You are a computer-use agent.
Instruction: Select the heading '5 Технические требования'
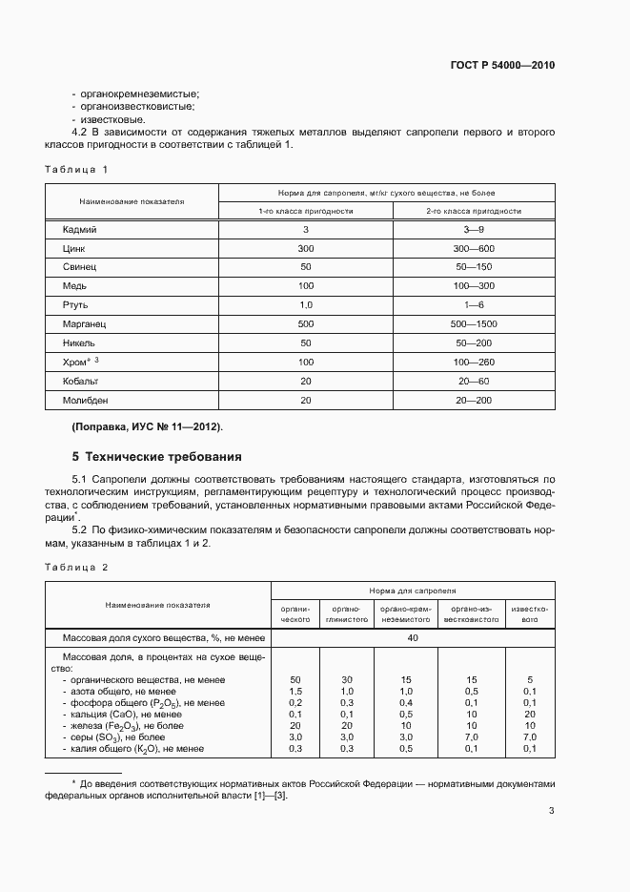tap(157, 456)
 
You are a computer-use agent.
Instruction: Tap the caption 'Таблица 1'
tap(77, 169)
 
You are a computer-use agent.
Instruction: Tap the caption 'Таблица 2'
tap(77, 567)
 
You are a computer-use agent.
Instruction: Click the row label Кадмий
tap(80, 230)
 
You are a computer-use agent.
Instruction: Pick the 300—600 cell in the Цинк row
tap(474, 248)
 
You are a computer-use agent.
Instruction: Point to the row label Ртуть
tap(76, 305)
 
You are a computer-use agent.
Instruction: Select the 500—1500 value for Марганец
tap(474, 324)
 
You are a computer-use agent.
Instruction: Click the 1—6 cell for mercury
tap(474, 305)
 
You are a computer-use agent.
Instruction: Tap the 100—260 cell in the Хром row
tap(474, 363)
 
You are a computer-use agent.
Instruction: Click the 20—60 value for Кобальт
tap(474, 381)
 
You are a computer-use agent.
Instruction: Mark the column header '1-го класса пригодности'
tap(305, 211)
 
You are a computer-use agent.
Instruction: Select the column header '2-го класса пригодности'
tap(474, 211)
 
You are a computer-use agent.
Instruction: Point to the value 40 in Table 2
tap(412, 638)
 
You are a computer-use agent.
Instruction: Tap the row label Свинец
tap(80, 267)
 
